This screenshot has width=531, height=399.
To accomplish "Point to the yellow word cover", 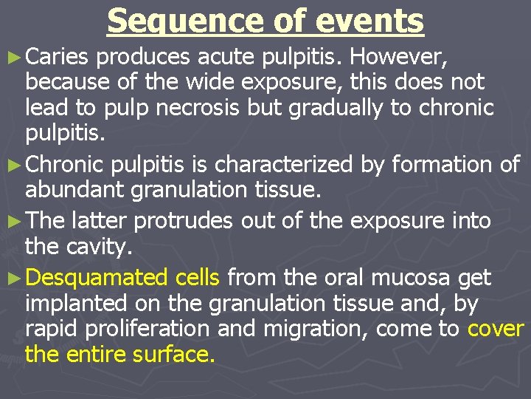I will point(496,329).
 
